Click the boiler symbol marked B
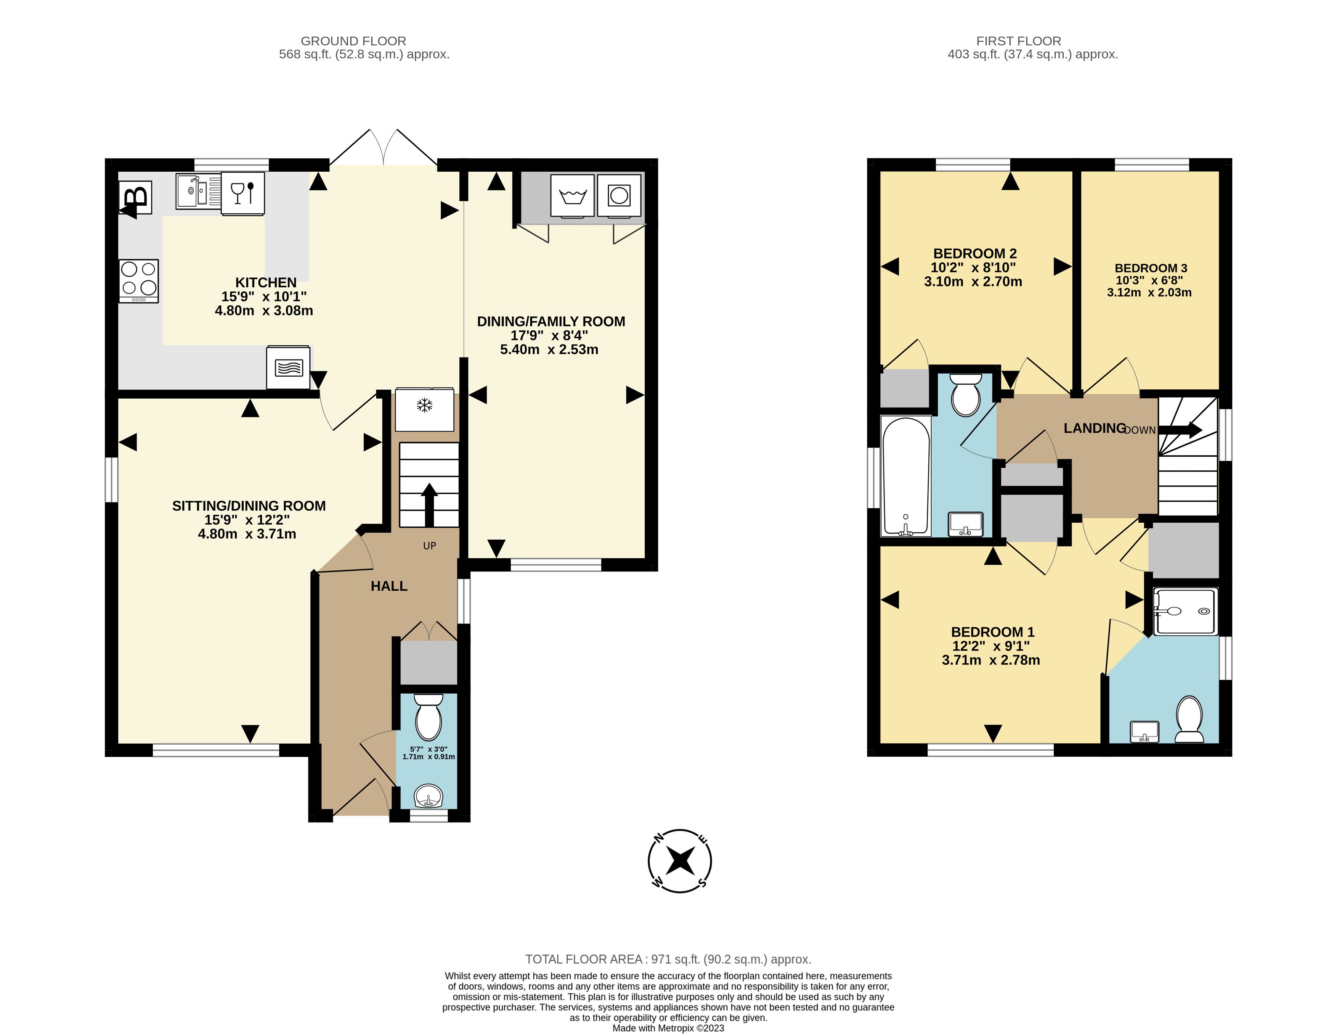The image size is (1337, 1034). point(136,197)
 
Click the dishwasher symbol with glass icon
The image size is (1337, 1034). point(243,193)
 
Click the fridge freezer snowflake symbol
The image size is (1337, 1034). point(425,409)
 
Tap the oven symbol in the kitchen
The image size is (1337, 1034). point(288,367)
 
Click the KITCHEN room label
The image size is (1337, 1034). point(266,282)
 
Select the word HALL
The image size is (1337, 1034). point(389,586)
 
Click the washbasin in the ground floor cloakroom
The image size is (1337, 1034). point(429,796)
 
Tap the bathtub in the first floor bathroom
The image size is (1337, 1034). point(906,476)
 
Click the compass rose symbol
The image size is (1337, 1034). point(679,861)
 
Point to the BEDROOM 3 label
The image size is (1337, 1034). point(1151,268)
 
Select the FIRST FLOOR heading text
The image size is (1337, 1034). point(1018,41)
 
